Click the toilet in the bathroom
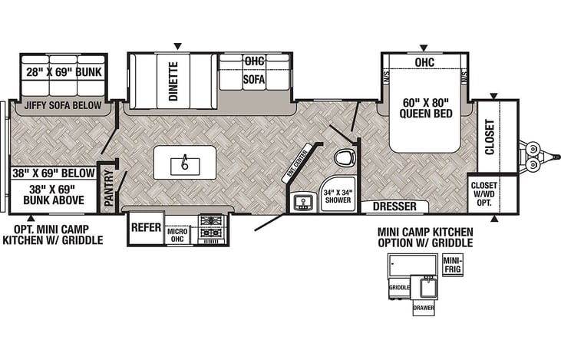point(345,157)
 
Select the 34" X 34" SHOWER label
point(338,196)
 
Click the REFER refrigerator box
point(146,227)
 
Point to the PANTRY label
point(109,188)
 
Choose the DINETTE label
point(173,81)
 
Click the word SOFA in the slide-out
point(254,79)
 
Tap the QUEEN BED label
point(426,114)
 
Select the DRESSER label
point(394,206)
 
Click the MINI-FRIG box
point(453,265)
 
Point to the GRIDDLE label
point(399,287)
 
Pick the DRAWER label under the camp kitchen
point(424,308)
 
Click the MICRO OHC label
point(177,235)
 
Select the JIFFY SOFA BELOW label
point(63,106)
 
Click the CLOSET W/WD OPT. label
point(483,193)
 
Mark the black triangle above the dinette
point(178,46)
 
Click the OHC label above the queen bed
point(424,62)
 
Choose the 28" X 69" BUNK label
point(64,72)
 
